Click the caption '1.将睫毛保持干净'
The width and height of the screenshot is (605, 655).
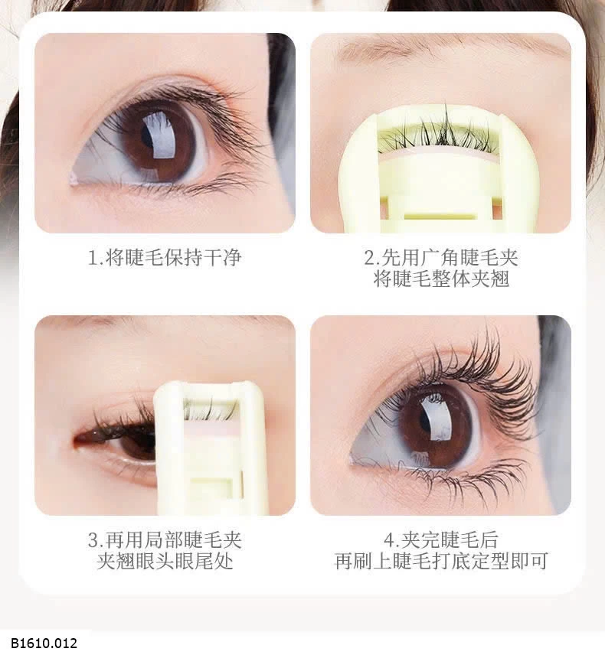click(x=165, y=257)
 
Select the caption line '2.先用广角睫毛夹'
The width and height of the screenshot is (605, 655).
click(x=440, y=257)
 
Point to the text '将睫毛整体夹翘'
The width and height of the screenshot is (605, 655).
click(x=440, y=279)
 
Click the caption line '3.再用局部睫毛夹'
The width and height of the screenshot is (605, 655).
click(x=165, y=540)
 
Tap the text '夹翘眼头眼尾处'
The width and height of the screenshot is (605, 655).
click(x=165, y=562)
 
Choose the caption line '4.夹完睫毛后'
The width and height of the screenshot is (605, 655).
click(x=440, y=540)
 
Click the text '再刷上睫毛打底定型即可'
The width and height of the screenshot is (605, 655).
click(x=441, y=562)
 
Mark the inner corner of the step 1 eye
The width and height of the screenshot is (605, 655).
click(x=76, y=178)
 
